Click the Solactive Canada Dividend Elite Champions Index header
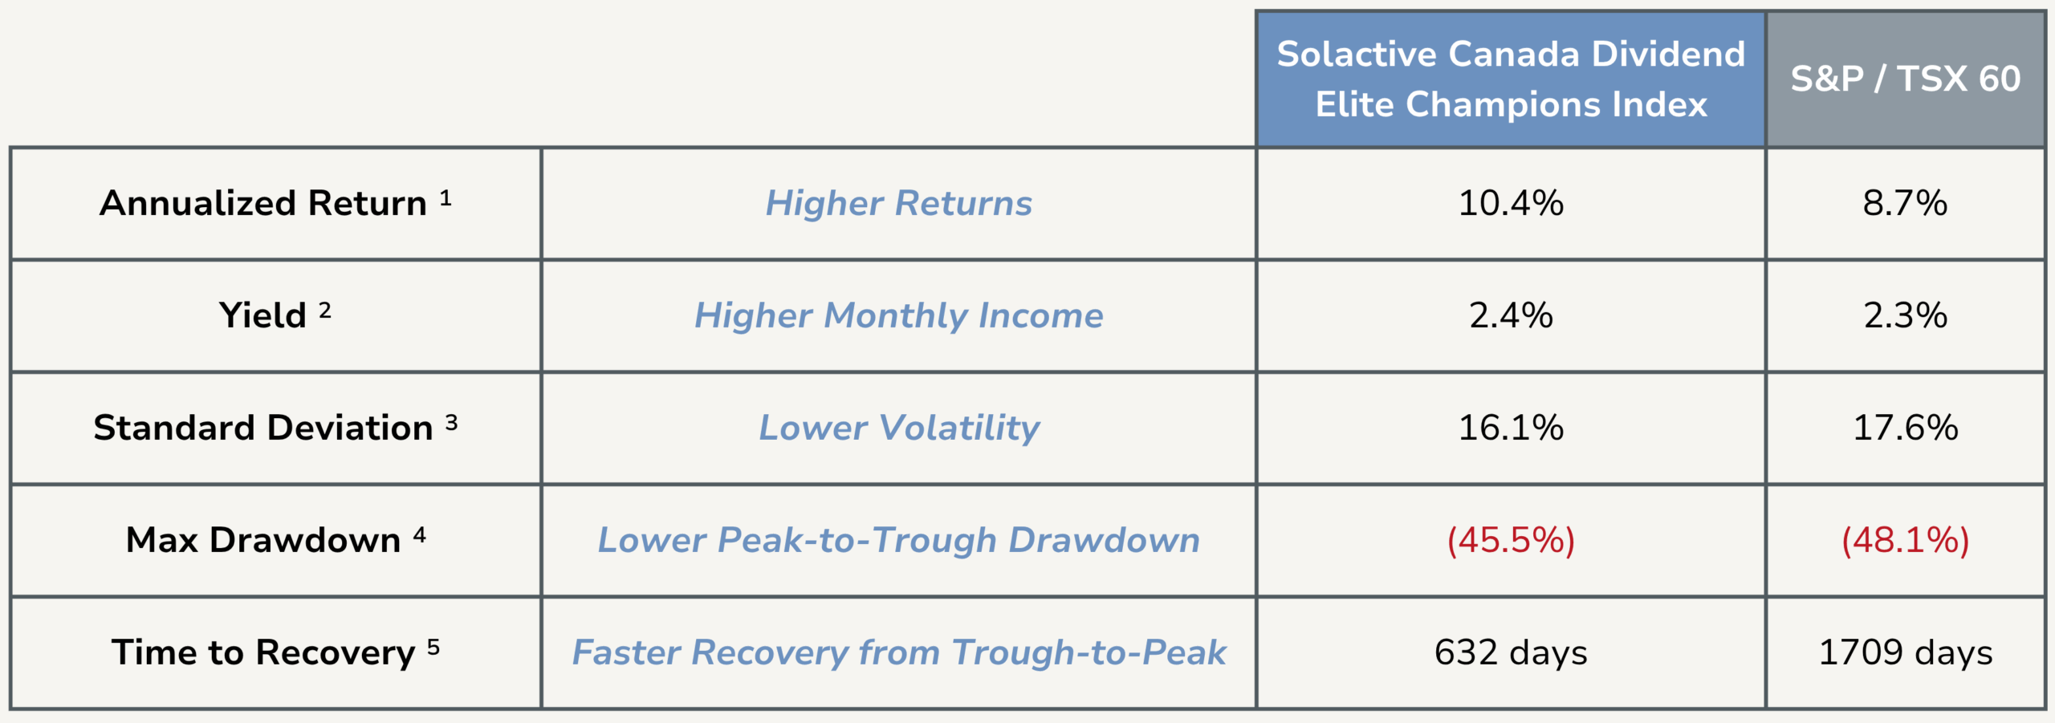pyautogui.click(x=1511, y=79)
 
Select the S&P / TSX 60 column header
pyautogui.click(x=1906, y=79)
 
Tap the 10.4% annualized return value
pyautogui.click(x=1511, y=203)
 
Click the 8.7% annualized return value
pyautogui.click(x=1905, y=203)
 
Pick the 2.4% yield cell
pyautogui.click(x=1511, y=315)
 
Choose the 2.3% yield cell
pyautogui.click(x=1905, y=315)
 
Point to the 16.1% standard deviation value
pyautogui.click(x=1511, y=428)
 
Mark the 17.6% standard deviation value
pyautogui.click(x=1905, y=428)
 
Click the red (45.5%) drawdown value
pyautogui.click(x=1511, y=540)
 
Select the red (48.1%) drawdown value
pyautogui.click(x=1905, y=540)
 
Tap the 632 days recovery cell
pyautogui.click(x=1511, y=653)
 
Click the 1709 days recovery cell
pyautogui.click(x=1905, y=653)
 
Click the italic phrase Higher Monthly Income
pyautogui.click(x=899, y=315)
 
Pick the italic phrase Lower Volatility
pyautogui.click(x=899, y=428)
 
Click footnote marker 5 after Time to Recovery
pyautogui.click(x=433, y=647)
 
